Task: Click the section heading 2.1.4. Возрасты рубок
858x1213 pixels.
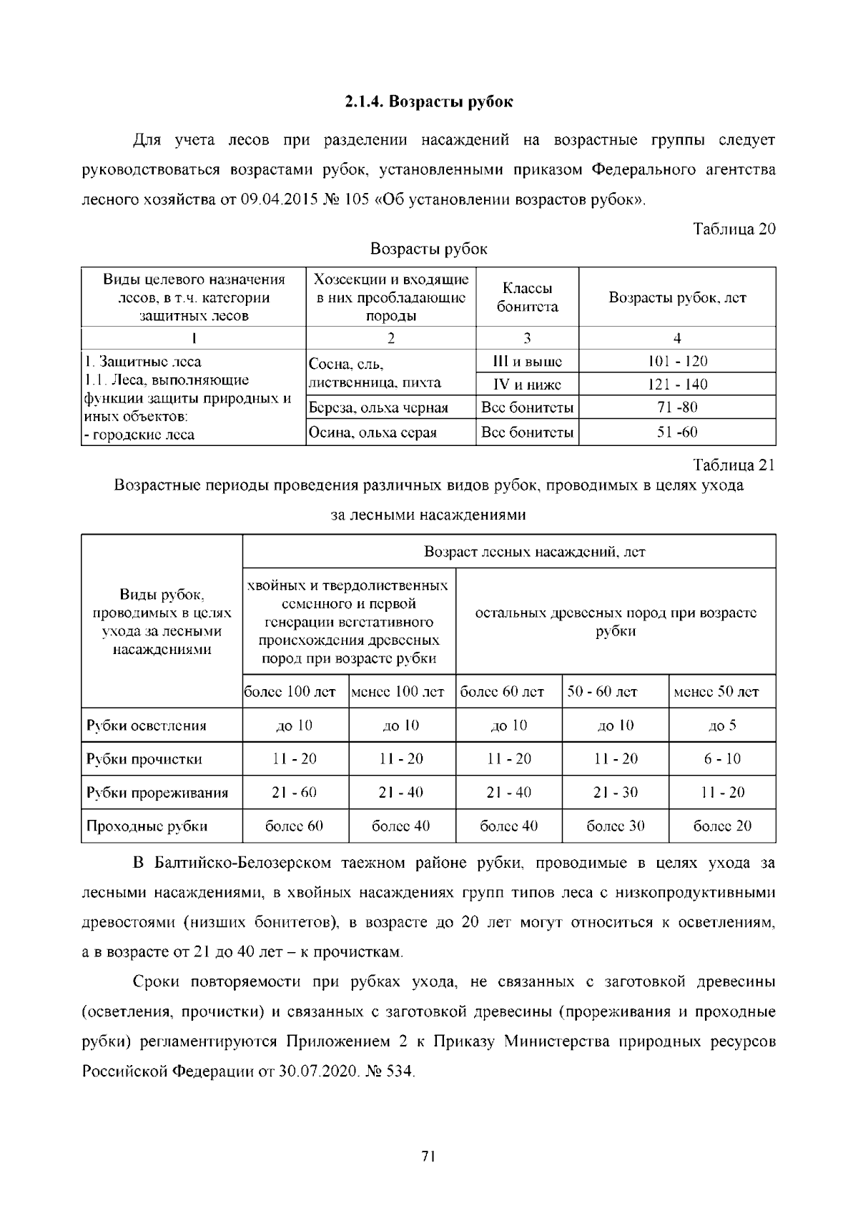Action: tap(428, 102)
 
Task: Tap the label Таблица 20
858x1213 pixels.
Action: tap(734, 229)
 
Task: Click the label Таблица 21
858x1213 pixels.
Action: tap(734, 465)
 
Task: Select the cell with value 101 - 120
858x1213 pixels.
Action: tap(677, 361)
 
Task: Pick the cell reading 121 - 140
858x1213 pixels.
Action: tap(677, 385)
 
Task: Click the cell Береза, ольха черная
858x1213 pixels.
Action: tap(378, 408)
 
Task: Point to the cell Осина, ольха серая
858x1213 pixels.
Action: tap(373, 432)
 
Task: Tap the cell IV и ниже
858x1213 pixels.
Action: tap(527, 385)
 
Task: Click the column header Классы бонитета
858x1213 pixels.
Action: tap(527, 297)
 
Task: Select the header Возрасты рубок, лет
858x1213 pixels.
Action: tap(677, 297)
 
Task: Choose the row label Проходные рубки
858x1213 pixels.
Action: tap(147, 827)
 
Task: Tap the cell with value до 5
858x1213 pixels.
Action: tap(722, 726)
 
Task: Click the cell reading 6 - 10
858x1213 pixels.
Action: tap(722, 759)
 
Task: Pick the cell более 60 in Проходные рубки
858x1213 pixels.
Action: tap(295, 826)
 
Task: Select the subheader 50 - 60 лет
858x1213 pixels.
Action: tap(602, 692)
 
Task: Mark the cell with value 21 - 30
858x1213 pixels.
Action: tap(616, 793)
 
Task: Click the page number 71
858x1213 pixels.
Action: tap(428, 1157)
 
